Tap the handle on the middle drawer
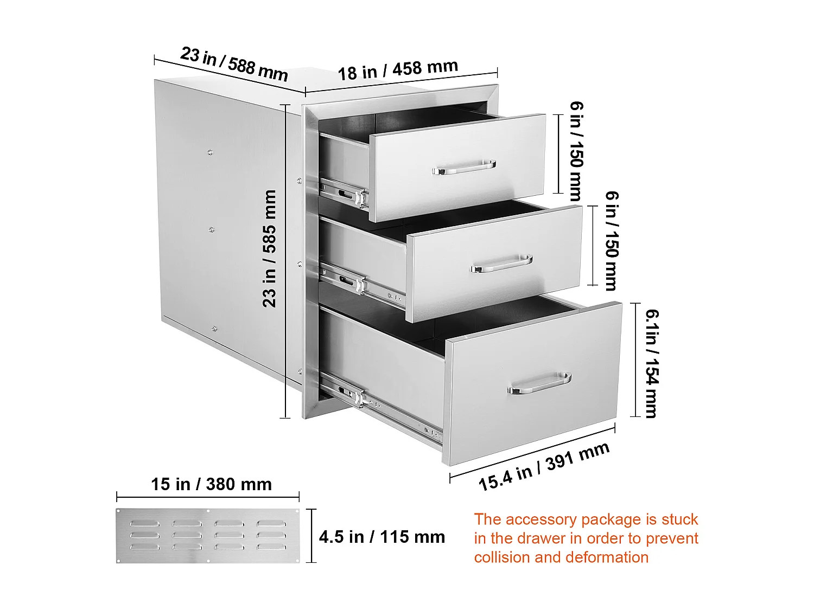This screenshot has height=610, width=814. [x=501, y=264]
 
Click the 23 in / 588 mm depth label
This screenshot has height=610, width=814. [x=234, y=64]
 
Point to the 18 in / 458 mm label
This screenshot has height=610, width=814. [x=398, y=70]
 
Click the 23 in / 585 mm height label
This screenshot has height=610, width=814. [x=270, y=248]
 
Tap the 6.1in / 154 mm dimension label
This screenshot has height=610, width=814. [x=652, y=363]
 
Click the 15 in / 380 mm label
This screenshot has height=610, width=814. [x=211, y=484]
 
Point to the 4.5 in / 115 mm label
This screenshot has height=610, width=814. [x=382, y=537]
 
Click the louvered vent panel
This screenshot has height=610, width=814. [x=207, y=535]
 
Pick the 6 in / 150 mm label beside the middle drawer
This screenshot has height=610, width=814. [x=612, y=241]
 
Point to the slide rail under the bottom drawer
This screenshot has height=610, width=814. [x=380, y=407]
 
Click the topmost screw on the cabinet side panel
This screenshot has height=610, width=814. [x=210, y=153]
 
